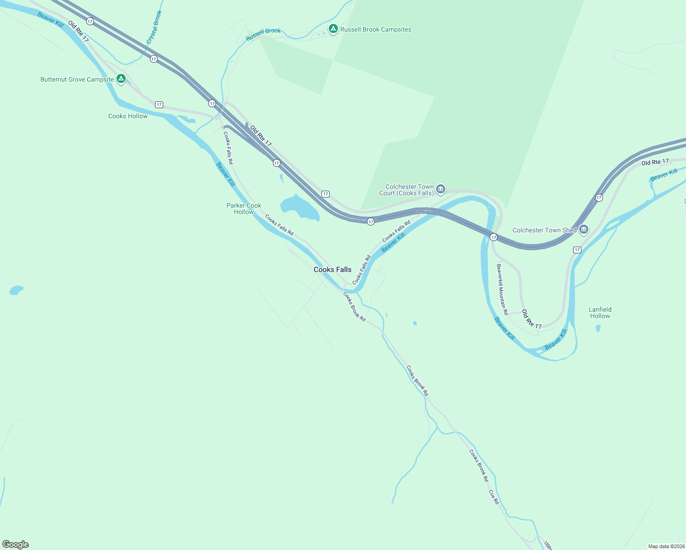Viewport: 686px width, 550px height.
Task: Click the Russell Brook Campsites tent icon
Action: coord(333,29)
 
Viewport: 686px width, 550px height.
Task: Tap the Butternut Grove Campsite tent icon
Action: coord(121,79)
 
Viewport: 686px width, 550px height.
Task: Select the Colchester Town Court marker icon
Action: coord(441,189)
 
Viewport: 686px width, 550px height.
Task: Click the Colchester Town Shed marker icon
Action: coord(583,230)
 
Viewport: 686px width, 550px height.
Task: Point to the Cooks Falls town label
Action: coord(332,269)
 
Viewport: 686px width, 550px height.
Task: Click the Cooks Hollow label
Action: coord(128,116)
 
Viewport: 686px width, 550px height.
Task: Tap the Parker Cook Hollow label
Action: coord(244,209)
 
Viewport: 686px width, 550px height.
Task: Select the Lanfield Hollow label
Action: coord(600,313)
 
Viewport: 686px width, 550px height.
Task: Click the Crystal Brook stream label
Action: coord(155,27)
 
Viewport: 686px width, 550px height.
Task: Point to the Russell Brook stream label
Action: coord(263,34)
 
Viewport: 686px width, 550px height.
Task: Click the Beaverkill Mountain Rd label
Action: coord(503,289)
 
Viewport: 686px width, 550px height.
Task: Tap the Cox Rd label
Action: coord(493,497)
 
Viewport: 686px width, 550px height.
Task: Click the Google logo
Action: coord(16,544)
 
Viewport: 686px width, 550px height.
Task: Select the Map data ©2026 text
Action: coord(666,546)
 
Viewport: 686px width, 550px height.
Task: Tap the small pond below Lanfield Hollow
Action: coord(598,328)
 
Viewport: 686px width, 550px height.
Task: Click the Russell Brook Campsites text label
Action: coord(376,29)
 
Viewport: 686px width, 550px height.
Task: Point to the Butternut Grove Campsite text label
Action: coord(77,80)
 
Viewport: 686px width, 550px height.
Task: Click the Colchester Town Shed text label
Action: coord(544,230)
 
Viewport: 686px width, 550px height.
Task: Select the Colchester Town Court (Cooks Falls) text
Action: coord(407,190)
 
